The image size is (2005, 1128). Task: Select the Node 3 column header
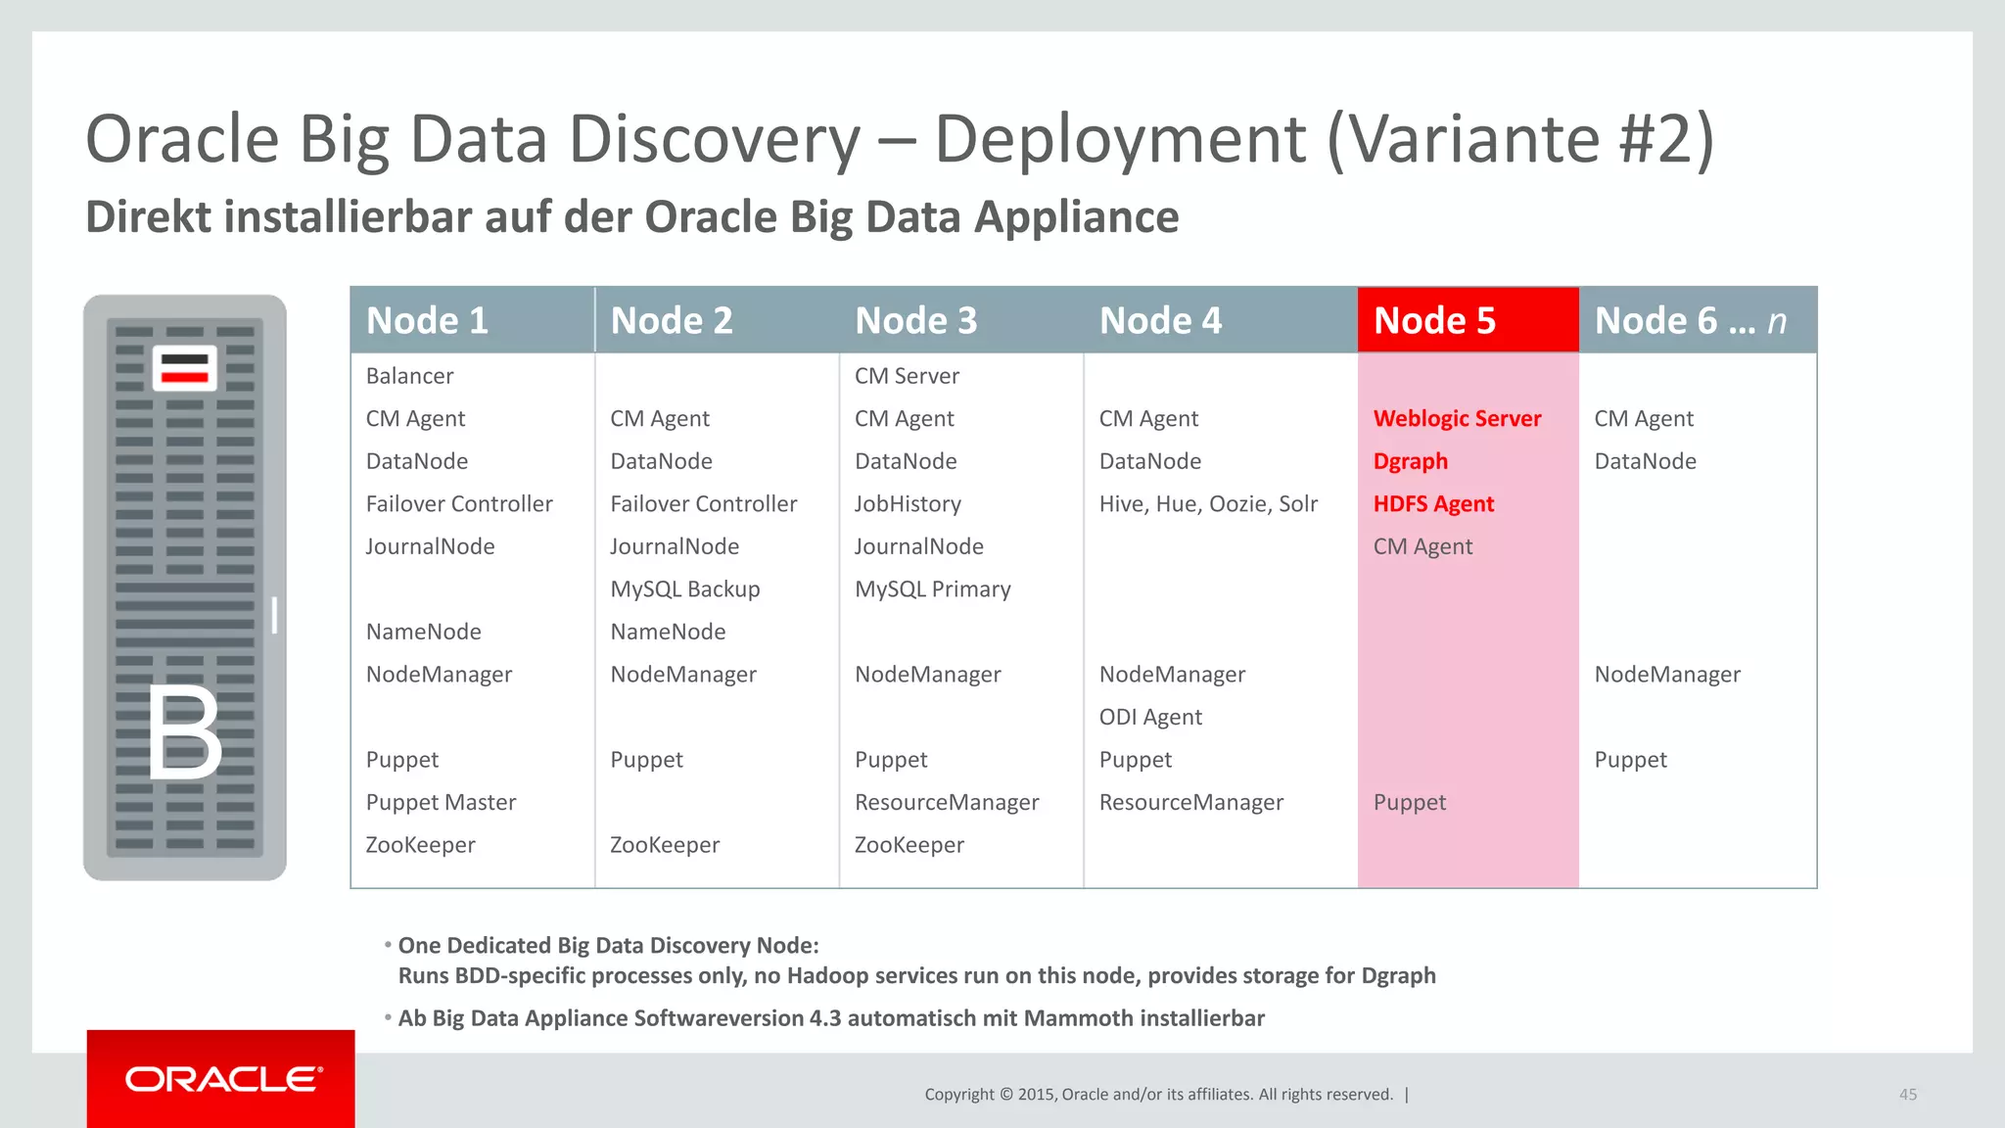click(915, 320)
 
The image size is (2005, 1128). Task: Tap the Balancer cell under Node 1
click(409, 376)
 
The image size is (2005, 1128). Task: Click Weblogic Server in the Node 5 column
click(1457, 419)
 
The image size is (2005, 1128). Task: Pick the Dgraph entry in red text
click(1410, 461)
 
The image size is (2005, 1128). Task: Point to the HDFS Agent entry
click(1433, 504)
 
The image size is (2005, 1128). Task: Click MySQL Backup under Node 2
click(684, 589)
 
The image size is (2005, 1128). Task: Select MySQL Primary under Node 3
click(932, 589)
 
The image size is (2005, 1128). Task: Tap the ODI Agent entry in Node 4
click(1150, 717)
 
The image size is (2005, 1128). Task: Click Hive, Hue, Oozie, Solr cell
click(1208, 504)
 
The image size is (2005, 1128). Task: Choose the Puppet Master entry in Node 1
click(441, 803)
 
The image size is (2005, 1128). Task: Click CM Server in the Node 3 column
click(907, 376)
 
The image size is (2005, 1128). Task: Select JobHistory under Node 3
click(908, 504)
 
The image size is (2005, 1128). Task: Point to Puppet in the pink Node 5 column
click(1409, 803)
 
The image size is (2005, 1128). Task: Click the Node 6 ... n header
click(1690, 320)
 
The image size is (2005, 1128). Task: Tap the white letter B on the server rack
click(184, 732)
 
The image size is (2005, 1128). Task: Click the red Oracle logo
click(221, 1079)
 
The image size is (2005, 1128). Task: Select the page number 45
click(1907, 1095)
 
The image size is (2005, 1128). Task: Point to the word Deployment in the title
click(1120, 139)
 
